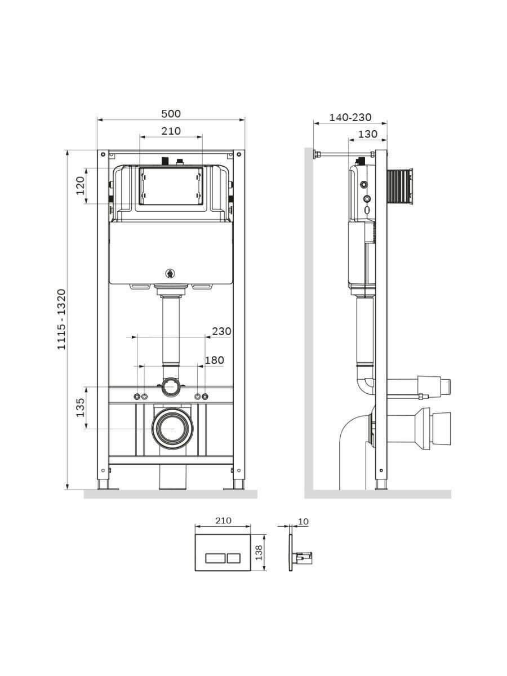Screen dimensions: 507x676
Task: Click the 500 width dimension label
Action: coord(171,114)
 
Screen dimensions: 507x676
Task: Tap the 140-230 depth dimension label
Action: coord(350,117)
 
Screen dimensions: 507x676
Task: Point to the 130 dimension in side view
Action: coord(367,134)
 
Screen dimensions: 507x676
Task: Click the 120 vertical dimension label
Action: coord(80,185)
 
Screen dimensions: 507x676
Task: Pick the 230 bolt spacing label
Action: coord(221,331)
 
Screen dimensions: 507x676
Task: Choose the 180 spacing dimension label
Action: coord(214,360)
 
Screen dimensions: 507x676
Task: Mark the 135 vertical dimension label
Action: coord(80,407)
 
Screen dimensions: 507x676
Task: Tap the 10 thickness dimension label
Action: coord(303,522)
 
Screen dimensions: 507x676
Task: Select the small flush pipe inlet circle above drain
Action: coord(171,387)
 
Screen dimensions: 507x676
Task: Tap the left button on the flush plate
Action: coord(215,558)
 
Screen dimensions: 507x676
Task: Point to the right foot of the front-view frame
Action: coord(238,486)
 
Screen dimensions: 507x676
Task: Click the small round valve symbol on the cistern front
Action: coord(170,274)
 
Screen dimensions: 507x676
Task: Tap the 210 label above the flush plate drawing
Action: coord(223,521)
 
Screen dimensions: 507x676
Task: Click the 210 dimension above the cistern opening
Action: coord(171,131)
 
